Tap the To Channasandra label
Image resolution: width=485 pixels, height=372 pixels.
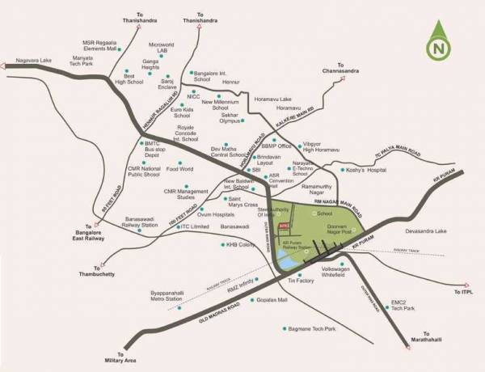pos(352,69)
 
